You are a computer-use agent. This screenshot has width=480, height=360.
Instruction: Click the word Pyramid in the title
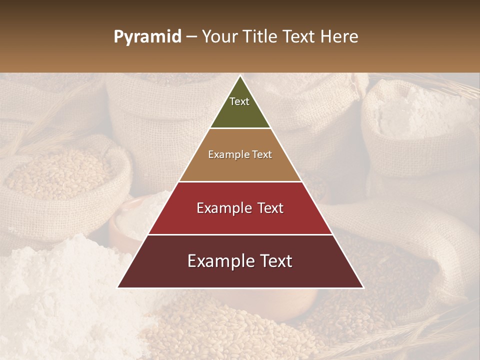pyautogui.click(x=147, y=37)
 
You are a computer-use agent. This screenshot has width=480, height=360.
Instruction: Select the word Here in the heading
pyautogui.click(x=339, y=37)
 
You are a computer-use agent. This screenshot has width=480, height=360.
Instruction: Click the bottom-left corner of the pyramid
pyautogui.click(x=118, y=287)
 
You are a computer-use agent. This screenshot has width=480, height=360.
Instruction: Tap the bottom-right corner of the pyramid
pyautogui.click(x=363, y=287)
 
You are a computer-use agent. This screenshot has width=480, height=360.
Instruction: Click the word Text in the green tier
pyautogui.click(x=239, y=101)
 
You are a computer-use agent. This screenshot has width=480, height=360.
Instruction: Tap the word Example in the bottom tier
pyautogui.click(x=219, y=261)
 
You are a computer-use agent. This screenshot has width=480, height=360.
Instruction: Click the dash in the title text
pyautogui.click(x=191, y=37)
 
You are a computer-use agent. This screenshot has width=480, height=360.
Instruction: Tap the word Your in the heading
pyautogui.click(x=218, y=37)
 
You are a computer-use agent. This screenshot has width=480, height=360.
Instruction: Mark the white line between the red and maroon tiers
pyautogui.click(x=240, y=234)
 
